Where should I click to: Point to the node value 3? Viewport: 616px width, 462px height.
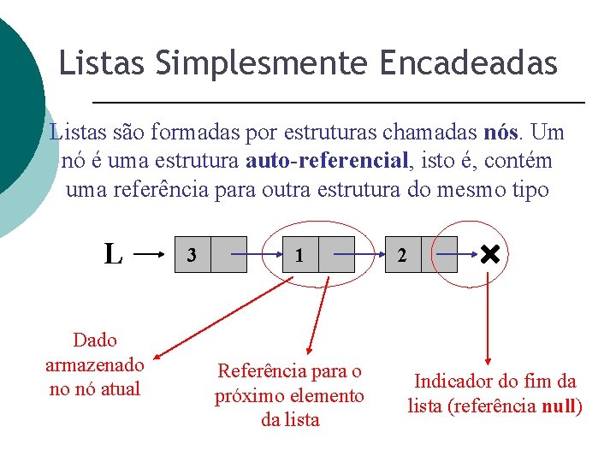[x=192, y=255]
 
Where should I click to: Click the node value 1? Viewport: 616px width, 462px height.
[x=299, y=255]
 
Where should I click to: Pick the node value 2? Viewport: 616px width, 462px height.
[x=403, y=255]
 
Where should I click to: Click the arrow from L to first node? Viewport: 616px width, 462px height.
[x=151, y=254]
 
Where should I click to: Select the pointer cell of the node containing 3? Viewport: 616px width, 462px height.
[x=228, y=255]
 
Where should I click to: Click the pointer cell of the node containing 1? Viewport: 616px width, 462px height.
[x=336, y=255]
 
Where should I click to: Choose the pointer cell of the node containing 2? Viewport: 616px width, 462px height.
[x=440, y=255]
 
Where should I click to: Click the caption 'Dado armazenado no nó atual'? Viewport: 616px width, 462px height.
[x=95, y=364]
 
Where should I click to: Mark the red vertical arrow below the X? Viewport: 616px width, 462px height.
[x=489, y=317]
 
